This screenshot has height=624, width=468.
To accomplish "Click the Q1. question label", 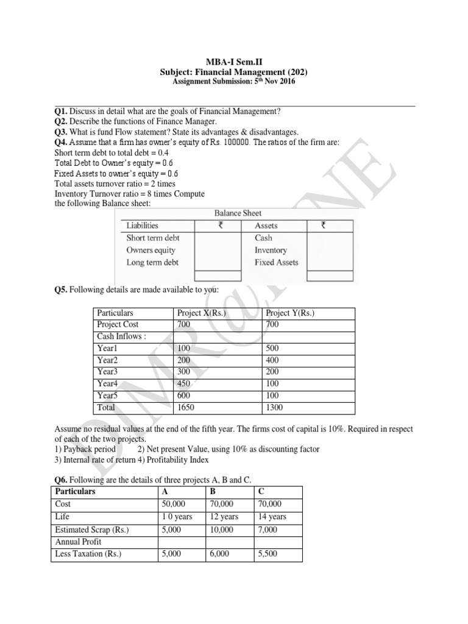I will (61, 111).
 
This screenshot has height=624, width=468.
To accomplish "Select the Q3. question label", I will (61, 132).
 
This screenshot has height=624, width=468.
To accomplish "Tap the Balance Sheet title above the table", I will (238, 213).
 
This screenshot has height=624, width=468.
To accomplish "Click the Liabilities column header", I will (142, 225).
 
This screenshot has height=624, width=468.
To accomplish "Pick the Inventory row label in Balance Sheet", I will (271, 250).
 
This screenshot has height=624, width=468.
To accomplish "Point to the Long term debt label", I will (152, 263).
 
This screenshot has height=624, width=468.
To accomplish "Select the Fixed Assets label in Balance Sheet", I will (276, 263).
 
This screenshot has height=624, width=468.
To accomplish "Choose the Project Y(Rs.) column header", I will (291, 313).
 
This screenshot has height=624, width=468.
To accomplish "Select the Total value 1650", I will (186, 407).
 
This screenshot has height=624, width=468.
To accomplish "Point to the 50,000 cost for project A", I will (173, 505).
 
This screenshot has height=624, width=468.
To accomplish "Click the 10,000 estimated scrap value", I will (221, 530).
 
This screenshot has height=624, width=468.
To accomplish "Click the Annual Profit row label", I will (78, 542).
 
